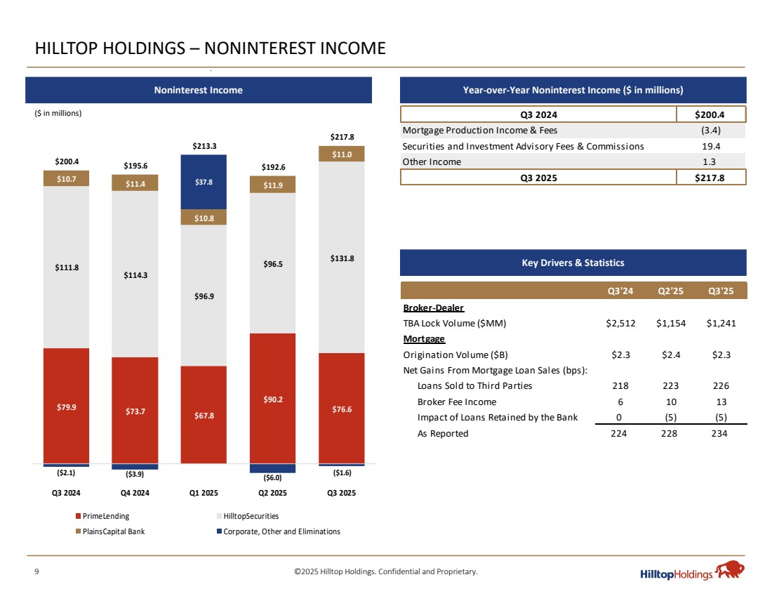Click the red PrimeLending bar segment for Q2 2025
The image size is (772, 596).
[273, 398]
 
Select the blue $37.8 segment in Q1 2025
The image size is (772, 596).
[204, 182]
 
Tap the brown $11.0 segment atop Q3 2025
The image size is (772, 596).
[342, 153]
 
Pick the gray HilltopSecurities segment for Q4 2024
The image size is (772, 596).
[135, 274]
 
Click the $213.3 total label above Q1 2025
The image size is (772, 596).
[204, 146]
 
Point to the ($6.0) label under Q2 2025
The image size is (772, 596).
[273, 477]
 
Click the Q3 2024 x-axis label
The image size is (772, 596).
[66, 493]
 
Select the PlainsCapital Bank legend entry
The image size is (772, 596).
[113, 531]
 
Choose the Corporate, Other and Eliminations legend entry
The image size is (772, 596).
[279, 531]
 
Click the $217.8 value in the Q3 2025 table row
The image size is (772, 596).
[710, 177]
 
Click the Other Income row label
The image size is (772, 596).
[432, 161]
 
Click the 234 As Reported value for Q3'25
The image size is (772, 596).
[718, 433]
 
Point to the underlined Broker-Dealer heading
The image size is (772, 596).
[433, 308]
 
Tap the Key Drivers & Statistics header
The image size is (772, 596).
[573, 263]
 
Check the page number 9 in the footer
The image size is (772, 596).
[36, 571]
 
